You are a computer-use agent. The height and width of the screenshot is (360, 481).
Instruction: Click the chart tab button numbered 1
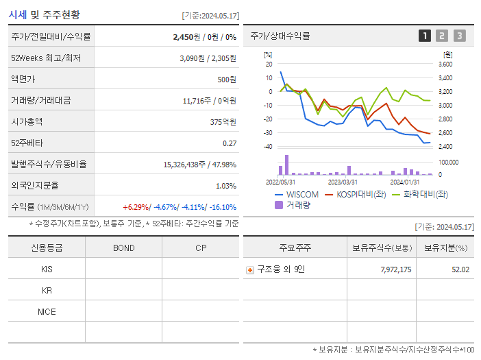pyautogui.click(x=425, y=36)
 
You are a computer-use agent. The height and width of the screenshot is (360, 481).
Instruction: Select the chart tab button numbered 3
pyautogui.click(x=459, y=36)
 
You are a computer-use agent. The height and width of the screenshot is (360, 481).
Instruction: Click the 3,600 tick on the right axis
pyautogui.click(x=445, y=64)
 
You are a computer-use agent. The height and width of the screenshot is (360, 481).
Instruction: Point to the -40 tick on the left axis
pyautogui.click(x=268, y=147)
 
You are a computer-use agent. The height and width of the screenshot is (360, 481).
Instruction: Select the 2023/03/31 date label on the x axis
pyautogui.click(x=343, y=182)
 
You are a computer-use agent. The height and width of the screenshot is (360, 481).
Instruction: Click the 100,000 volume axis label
pyautogui.click(x=449, y=163)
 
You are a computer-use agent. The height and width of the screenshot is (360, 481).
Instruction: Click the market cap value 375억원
pyautogui.click(x=224, y=121)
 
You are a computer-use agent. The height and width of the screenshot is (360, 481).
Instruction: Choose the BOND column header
pyautogui.click(x=123, y=248)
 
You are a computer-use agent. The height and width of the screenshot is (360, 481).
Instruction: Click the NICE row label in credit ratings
pyautogui.click(x=47, y=311)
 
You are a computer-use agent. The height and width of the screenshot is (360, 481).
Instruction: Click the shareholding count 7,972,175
pyautogui.click(x=395, y=269)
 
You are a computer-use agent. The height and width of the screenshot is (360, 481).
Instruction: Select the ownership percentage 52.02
pyautogui.click(x=460, y=269)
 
